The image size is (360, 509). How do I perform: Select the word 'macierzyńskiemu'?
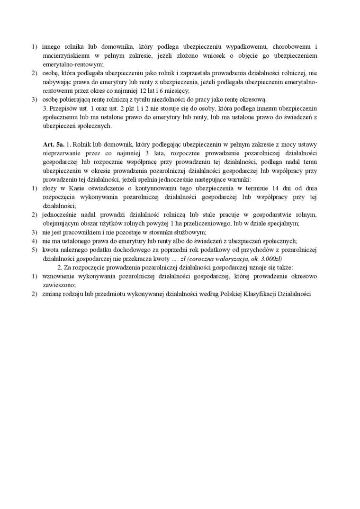tap(65, 55)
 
